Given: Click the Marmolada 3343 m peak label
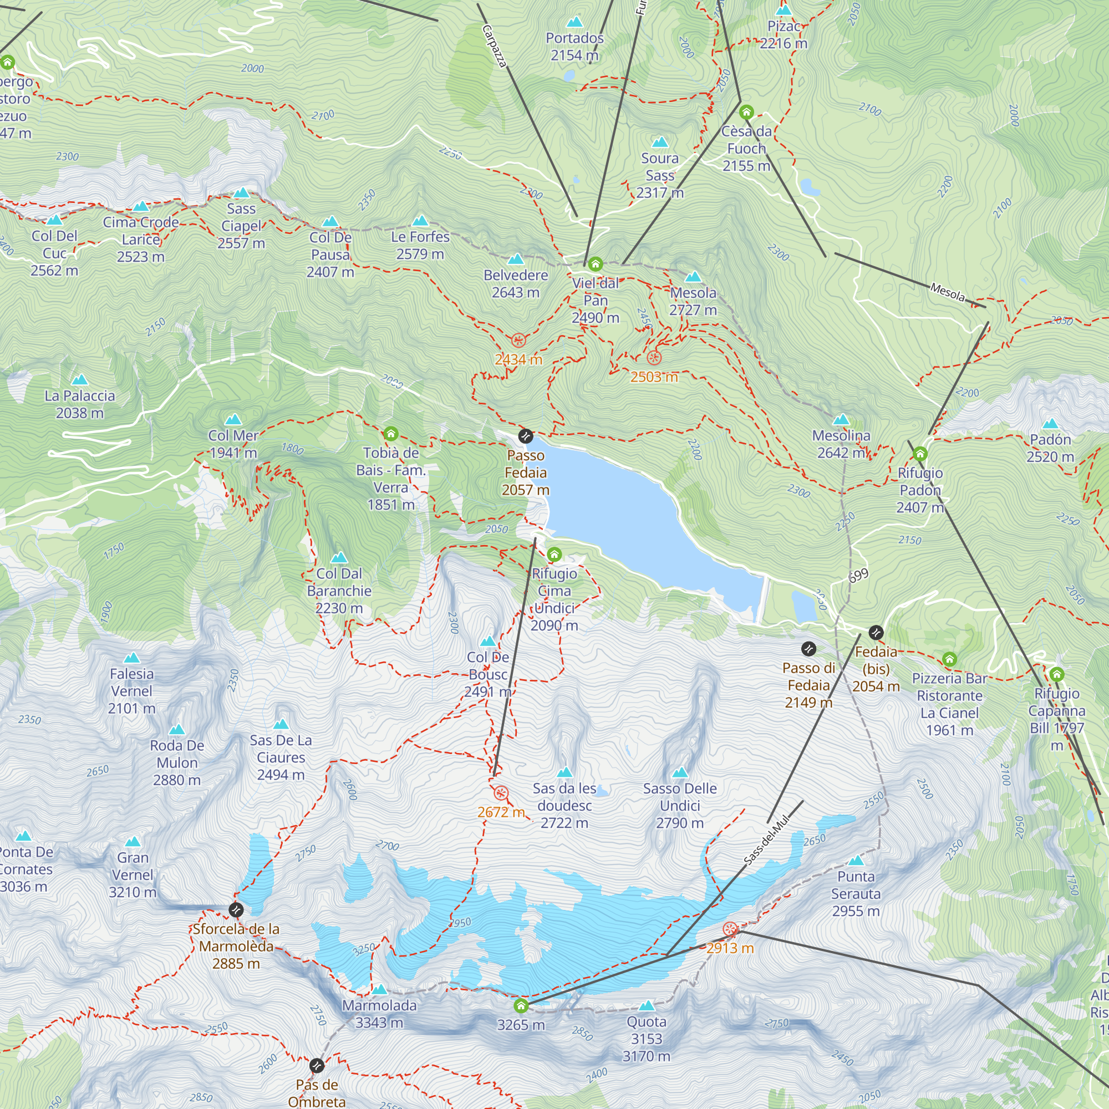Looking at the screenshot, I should coord(379,1014).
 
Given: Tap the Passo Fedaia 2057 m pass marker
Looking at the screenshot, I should coord(525,436).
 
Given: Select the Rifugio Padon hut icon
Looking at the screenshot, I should coord(920,454).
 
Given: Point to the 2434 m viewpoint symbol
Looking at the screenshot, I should coord(518,340).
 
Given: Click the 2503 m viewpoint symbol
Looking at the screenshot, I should coord(654,358).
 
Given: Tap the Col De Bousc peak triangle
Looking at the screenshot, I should coord(488,641).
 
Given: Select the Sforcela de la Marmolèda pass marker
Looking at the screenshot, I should coord(236,909).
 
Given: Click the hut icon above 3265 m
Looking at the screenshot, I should coord(521,1006).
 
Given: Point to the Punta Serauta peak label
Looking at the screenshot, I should coord(855,893).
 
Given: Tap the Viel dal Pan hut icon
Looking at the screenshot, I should coord(595,264).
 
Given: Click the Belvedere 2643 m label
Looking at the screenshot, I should coord(516,283).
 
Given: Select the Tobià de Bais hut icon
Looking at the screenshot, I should coord(391,433).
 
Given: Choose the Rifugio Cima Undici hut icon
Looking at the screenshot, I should coord(554,554).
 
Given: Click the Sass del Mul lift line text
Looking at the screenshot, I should coord(767,840).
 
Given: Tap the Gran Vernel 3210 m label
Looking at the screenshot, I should coord(133,875).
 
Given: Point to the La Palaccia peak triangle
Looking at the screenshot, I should coord(79,379).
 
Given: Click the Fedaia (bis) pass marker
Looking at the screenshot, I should coord(876,633).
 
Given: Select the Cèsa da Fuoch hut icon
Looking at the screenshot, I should coord(746,111).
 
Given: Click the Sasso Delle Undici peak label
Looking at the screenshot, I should coord(680,805).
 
